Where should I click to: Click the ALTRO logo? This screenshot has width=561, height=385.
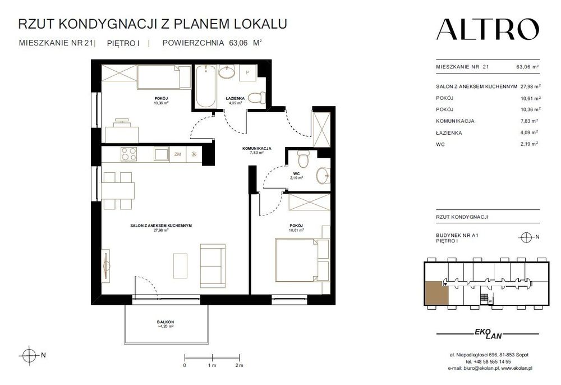click(488, 29)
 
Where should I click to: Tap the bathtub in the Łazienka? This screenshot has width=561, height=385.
click(206, 86)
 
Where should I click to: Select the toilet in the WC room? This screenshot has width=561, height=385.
click(304, 159)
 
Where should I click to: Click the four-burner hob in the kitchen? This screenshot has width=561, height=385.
click(128, 154)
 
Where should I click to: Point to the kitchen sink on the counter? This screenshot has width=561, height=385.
click(162, 154)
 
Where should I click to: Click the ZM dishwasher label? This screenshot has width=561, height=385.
click(177, 154)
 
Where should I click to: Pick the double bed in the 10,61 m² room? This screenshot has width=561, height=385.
click(296, 260)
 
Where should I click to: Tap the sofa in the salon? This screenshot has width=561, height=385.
click(213, 265)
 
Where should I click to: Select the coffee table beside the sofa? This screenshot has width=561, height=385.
click(180, 266)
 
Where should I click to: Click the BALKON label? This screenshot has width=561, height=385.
click(165, 322)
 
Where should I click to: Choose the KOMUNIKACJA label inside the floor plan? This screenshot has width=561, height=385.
click(256, 148)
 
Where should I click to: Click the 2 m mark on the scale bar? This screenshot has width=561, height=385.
click(240, 365)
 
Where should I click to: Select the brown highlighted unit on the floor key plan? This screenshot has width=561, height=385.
click(436, 294)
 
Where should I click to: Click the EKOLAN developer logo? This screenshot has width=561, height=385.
click(488, 333)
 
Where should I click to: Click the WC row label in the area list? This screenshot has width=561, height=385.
click(440, 144)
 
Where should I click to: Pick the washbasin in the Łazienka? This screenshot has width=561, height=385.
click(227, 72)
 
